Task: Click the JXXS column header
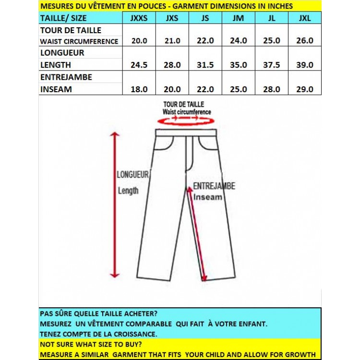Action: (x=139, y=18)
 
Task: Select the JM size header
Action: (x=238, y=18)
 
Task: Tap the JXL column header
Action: (x=304, y=18)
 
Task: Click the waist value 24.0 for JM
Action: (x=238, y=41)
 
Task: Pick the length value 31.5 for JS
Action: (x=205, y=65)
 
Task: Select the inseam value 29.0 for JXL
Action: (x=304, y=89)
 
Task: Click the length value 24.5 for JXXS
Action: (x=139, y=65)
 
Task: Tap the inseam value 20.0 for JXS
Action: (x=172, y=89)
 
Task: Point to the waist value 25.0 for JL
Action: (x=272, y=41)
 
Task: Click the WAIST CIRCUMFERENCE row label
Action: (x=79, y=41)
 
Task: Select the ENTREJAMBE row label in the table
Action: (x=66, y=77)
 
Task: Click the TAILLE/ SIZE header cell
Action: (x=63, y=18)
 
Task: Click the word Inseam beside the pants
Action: (x=208, y=197)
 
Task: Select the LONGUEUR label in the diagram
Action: (x=133, y=175)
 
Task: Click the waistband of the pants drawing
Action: (x=186, y=132)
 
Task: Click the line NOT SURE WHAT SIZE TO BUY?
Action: (x=91, y=344)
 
